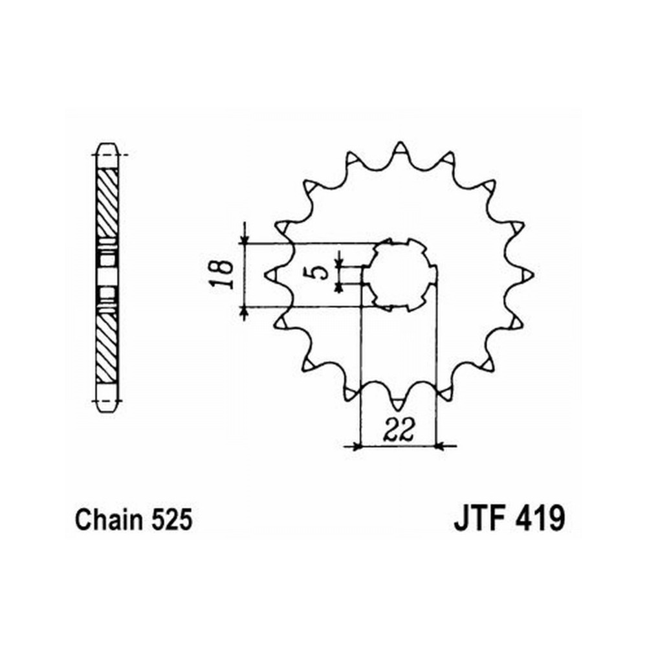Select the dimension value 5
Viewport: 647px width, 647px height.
tap(316, 273)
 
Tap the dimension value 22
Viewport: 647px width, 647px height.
tap(398, 430)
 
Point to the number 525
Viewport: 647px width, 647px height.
tap(172, 520)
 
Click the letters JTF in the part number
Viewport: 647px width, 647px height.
tap(481, 519)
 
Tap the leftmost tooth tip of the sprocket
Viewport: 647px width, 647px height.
tap(265, 274)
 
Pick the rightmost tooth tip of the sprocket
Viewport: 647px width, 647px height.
tap(534, 274)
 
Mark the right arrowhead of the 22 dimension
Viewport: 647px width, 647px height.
tap(440, 446)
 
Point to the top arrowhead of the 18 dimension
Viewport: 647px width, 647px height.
tap(245, 239)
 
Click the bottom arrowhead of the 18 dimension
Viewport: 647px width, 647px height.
tap(245, 312)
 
